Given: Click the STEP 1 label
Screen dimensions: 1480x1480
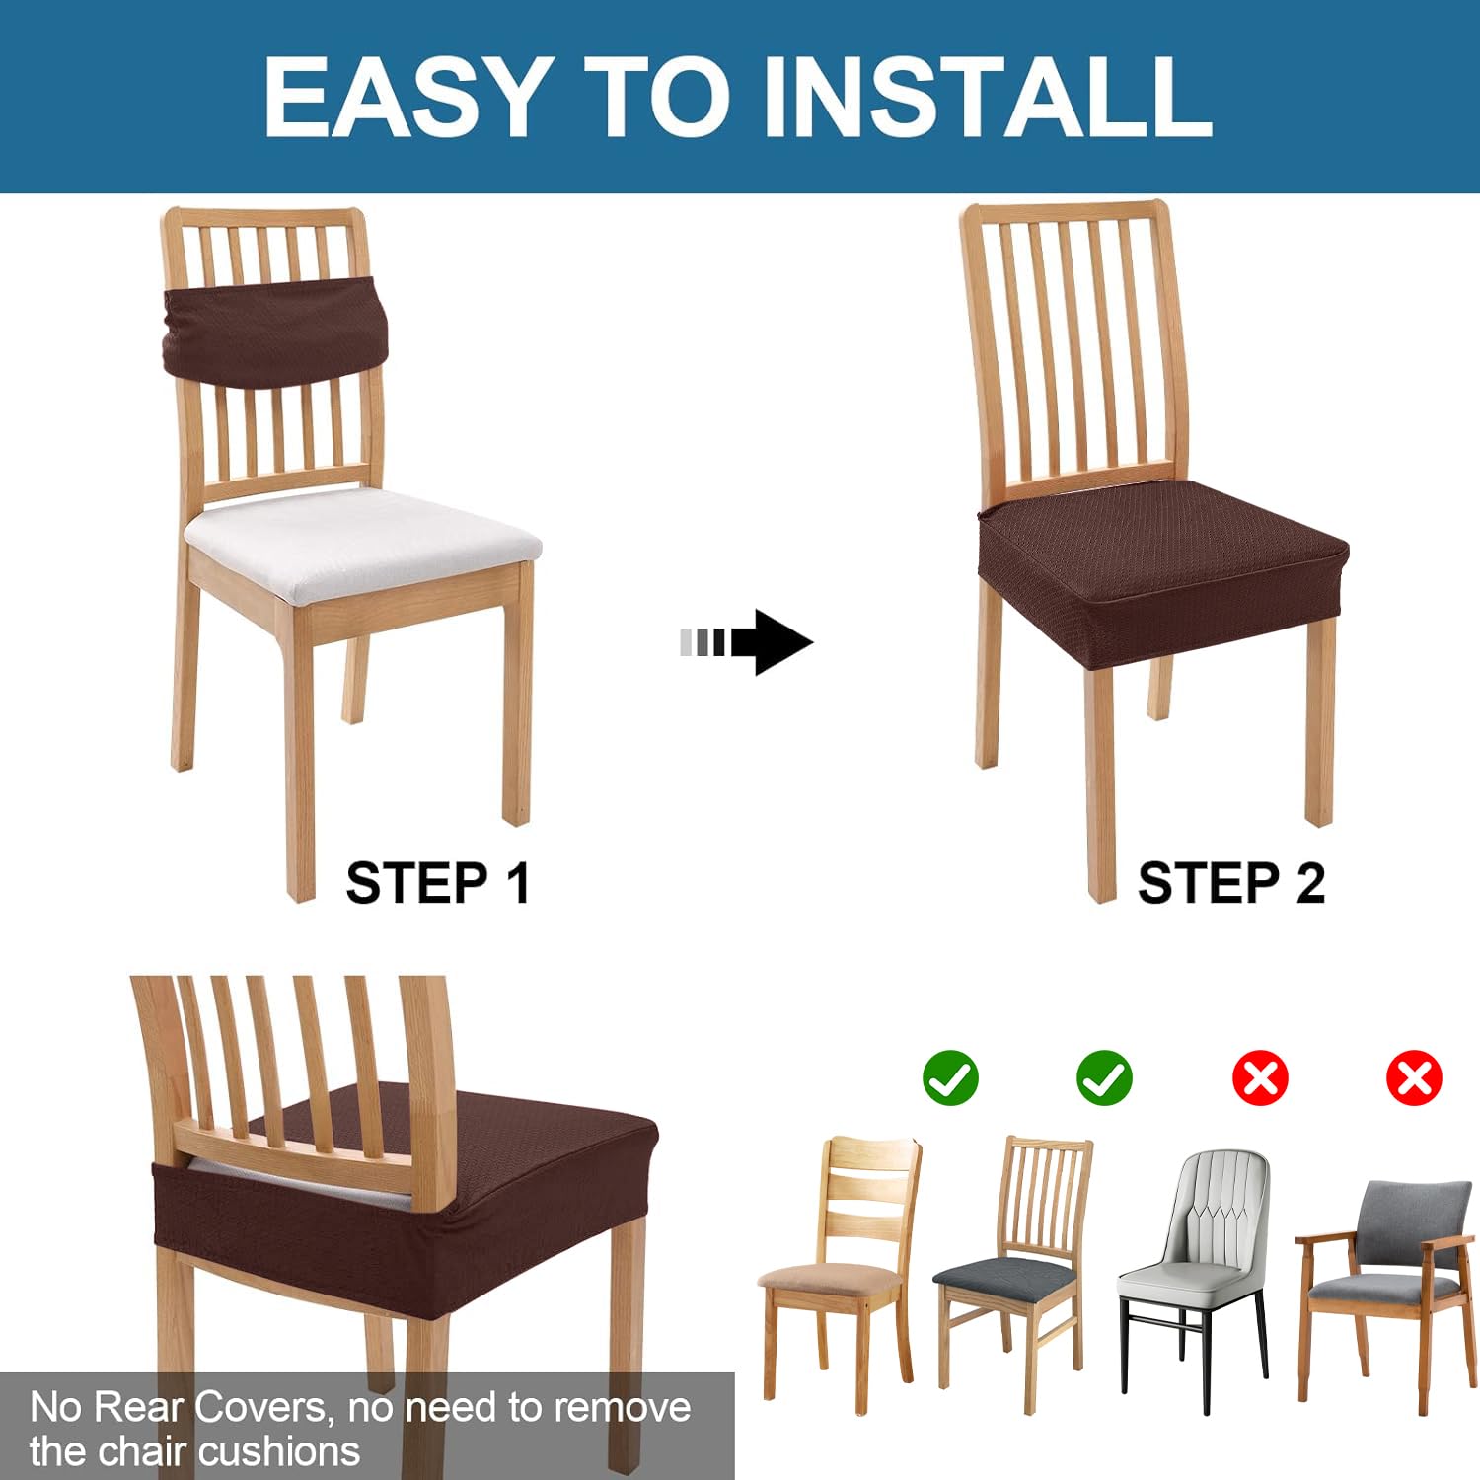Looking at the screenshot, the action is (x=438, y=883).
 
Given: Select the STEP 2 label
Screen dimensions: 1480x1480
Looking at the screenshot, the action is (x=1231, y=883).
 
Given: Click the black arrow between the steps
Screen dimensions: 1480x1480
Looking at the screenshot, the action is (x=747, y=642).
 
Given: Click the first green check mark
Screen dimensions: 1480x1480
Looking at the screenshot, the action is (x=950, y=1077).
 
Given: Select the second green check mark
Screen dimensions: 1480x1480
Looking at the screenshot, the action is (x=1105, y=1077).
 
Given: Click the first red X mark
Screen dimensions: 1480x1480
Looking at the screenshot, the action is (x=1260, y=1077).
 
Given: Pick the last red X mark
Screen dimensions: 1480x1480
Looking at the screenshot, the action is (x=1414, y=1077).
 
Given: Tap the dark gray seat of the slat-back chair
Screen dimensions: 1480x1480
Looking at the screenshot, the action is (x=1004, y=1280).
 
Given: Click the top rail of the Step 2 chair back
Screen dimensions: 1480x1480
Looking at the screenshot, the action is (x=1065, y=212).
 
